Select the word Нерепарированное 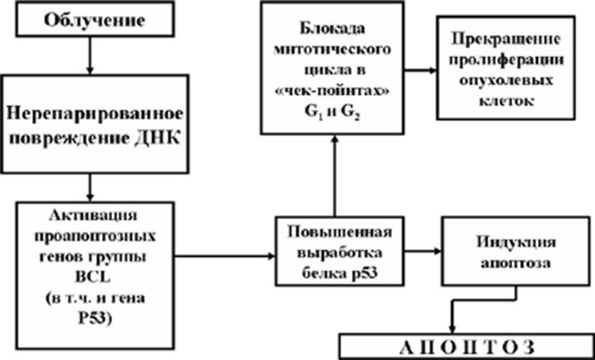pyautogui.click(x=94, y=114)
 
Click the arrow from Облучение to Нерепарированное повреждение pyautogui.click(x=90, y=55)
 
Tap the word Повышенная pyautogui.click(x=339, y=232)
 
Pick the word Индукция pyautogui.click(x=516, y=241)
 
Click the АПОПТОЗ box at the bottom pyautogui.click(x=467, y=348)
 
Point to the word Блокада pyautogui.click(x=332, y=29)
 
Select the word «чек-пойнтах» pyautogui.click(x=332, y=93)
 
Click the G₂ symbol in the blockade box pyautogui.click(x=352, y=114)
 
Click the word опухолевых pyautogui.click(x=505, y=81)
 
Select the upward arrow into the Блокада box pyautogui.click(x=335, y=175)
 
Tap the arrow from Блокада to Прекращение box pyautogui.click(x=420, y=70)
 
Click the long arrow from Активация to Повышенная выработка pyautogui.click(x=224, y=256)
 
